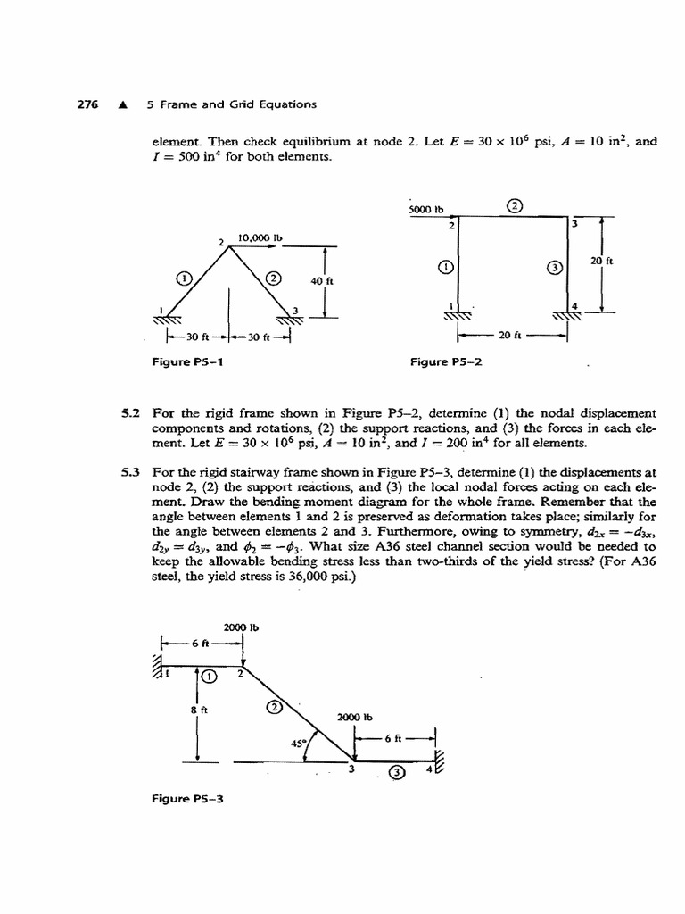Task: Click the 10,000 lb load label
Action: [x=259, y=238]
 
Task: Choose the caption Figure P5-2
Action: [x=447, y=362]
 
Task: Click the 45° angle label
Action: [x=298, y=742]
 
